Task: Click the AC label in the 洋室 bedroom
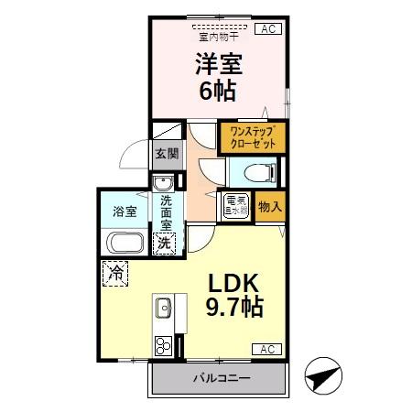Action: click(269, 29)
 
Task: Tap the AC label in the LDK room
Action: click(266, 349)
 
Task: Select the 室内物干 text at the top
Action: click(215, 38)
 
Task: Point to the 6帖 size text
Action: click(218, 91)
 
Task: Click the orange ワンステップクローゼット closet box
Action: click(252, 137)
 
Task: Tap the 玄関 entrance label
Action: click(166, 154)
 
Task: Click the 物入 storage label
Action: click(269, 206)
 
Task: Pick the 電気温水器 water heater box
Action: click(236, 206)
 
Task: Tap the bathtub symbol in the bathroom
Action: click(124, 244)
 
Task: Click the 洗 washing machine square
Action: click(164, 243)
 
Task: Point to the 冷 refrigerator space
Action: click(116, 272)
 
